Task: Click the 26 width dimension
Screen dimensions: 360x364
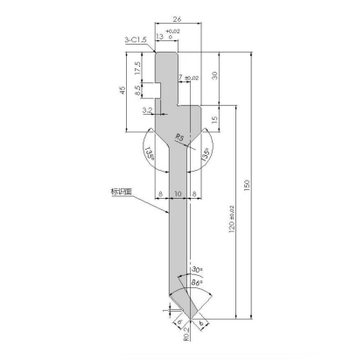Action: (x=178, y=16)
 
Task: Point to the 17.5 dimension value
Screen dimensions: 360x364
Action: (x=137, y=67)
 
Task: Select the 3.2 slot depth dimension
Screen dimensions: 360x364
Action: (x=147, y=111)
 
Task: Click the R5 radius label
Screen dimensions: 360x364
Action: (x=179, y=137)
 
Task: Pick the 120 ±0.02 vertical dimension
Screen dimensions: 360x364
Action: (x=232, y=226)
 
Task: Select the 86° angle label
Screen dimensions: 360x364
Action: (x=197, y=282)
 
